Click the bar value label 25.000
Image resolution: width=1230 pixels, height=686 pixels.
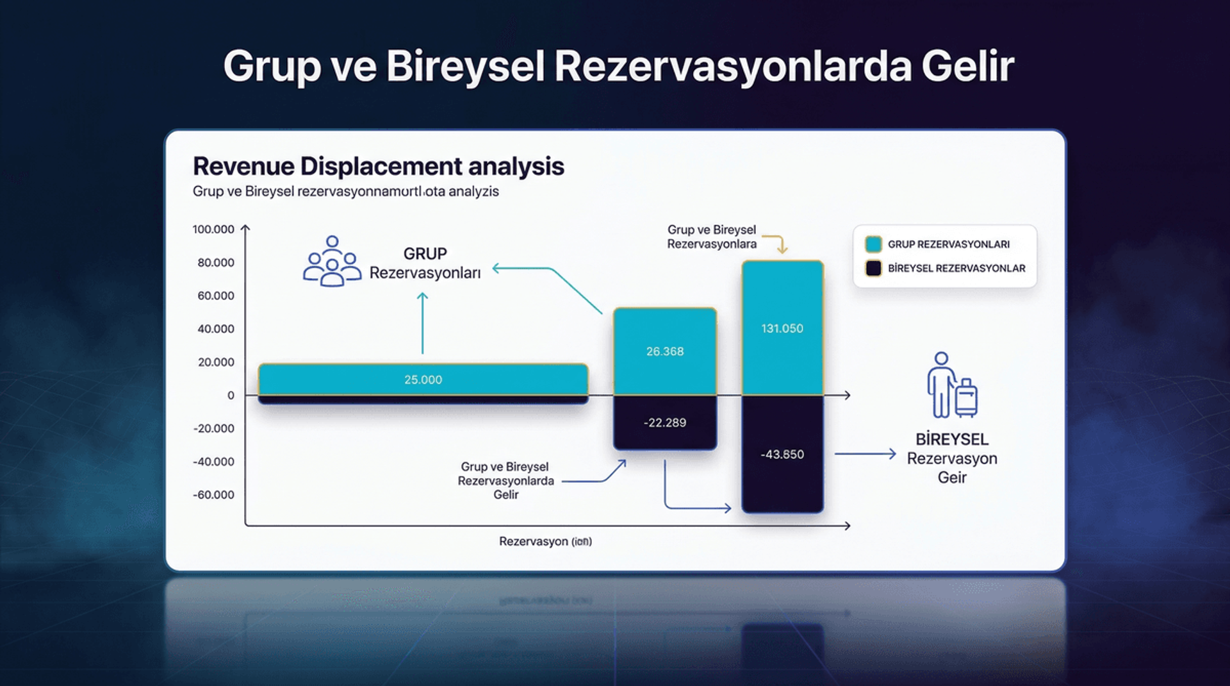(x=423, y=380)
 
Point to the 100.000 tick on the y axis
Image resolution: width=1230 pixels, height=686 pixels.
(x=213, y=230)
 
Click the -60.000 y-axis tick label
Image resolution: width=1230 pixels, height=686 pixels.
(x=214, y=495)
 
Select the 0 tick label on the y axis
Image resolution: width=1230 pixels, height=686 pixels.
(x=231, y=396)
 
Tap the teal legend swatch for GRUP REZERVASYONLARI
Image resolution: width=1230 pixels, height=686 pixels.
(x=873, y=244)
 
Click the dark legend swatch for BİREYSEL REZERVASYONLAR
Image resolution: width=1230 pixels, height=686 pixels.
(x=873, y=268)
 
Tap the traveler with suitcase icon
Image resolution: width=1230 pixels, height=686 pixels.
(x=952, y=385)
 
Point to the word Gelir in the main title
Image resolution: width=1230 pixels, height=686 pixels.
(x=967, y=66)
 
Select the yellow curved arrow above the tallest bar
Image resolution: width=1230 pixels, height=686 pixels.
(x=776, y=242)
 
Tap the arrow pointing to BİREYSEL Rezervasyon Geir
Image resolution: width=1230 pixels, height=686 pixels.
(x=865, y=454)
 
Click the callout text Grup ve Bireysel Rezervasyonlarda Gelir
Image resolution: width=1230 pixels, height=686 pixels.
(x=505, y=481)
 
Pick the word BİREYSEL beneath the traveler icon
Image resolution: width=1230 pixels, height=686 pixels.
(x=951, y=439)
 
